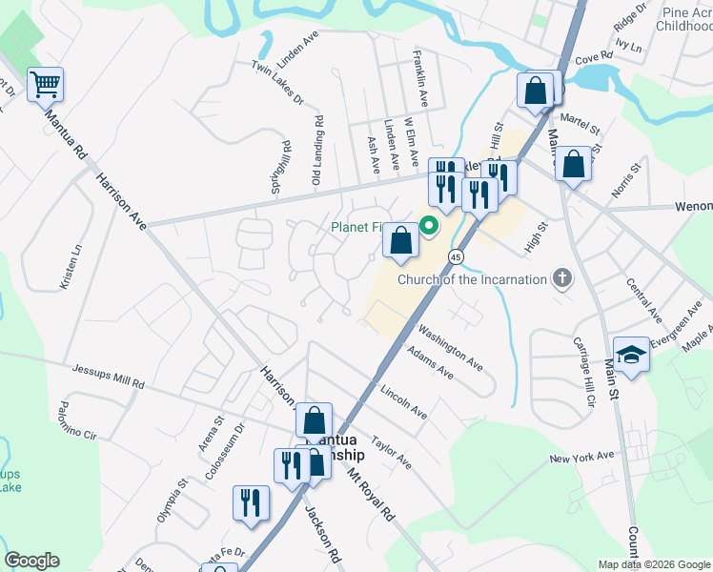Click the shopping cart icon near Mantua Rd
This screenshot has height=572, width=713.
click(45, 85)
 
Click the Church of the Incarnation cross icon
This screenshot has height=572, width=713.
click(562, 279)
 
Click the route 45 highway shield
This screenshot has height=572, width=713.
click(457, 257)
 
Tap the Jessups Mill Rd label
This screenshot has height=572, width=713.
click(108, 377)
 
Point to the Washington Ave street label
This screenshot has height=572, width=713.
click(451, 345)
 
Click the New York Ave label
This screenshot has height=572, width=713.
click(581, 458)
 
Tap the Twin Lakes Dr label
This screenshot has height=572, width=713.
click(277, 82)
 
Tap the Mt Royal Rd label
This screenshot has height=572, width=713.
click(371, 493)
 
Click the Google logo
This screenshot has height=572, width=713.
click(31, 561)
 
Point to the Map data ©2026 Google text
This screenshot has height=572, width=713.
click(654, 564)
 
